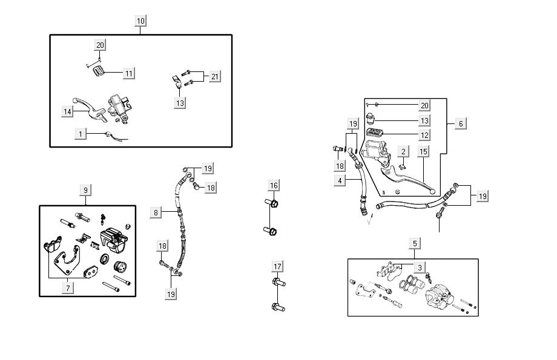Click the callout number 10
point(140,21)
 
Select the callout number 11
point(128,73)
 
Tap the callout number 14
point(67,111)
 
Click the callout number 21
point(215,77)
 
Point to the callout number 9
point(85,190)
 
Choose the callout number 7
point(69,288)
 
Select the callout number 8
point(156,212)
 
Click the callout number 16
point(274,185)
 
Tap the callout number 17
point(277,266)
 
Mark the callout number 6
point(461,123)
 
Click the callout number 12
point(424,136)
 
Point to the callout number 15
point(423,151)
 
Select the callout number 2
point(403,151)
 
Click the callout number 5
point(415,244)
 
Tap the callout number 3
point(420,267)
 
